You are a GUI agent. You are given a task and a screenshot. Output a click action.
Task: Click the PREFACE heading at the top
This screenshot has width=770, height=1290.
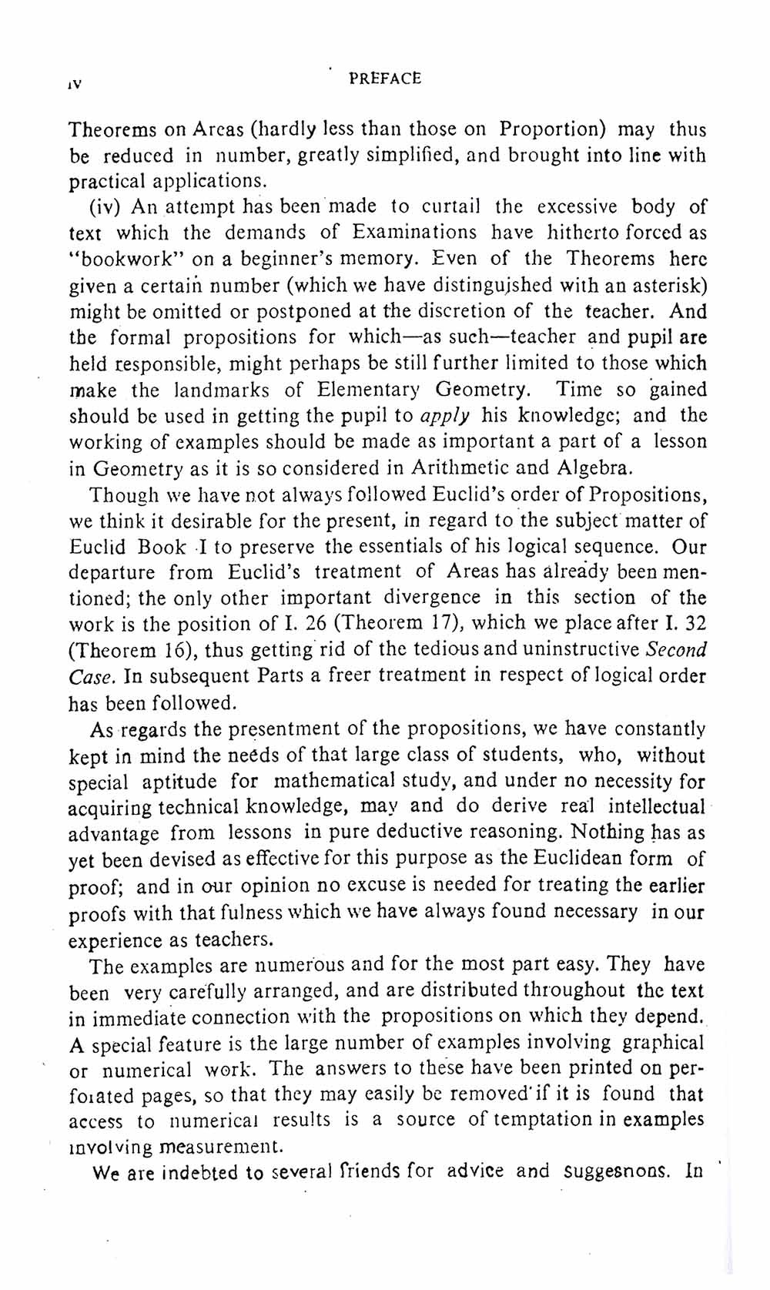tap(384, 79)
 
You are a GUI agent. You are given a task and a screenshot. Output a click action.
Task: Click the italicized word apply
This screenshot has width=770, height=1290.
tap(445, 417)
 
